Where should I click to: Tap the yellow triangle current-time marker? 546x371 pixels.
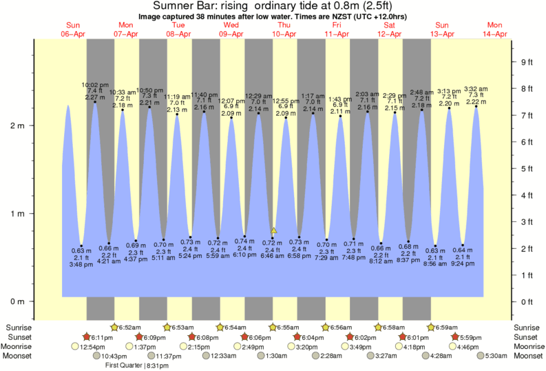coord(274,230)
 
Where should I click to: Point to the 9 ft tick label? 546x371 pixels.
coord(527,62)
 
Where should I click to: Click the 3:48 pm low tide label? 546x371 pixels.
coord(82,263)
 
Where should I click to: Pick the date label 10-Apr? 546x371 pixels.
coord(284,34)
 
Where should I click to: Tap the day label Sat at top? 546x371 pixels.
coord(389,26)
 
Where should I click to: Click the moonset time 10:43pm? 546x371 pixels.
coord(114,356)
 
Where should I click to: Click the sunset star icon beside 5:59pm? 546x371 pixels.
coord(455,337)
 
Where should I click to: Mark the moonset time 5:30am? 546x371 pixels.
coord(496,356)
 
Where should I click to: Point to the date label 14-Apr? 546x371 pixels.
coord(494,34)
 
